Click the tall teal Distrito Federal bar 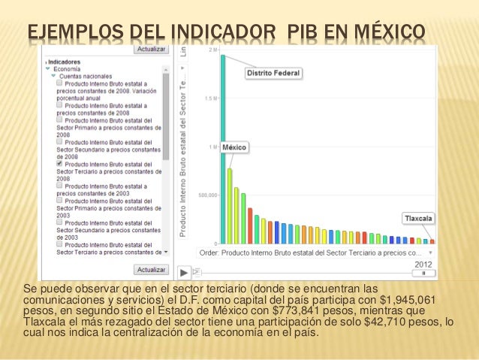coord(223,150)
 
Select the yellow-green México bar coord(230,207)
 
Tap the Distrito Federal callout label coord(274,73)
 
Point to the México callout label coord(234,147)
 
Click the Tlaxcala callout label coord(419,218)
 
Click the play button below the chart coord(184,271)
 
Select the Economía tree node coord(68,68)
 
